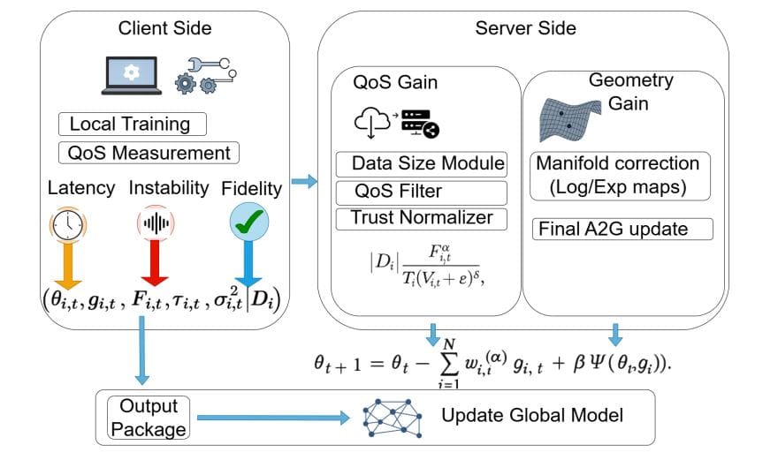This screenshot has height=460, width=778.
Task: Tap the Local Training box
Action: pos(132,124)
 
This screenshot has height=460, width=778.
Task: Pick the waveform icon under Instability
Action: pos(156,225)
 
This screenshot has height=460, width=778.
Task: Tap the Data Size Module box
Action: pos(422,164)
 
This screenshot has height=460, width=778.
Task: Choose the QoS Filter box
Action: pos(422,192)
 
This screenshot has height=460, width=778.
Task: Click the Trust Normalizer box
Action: pos(422,218)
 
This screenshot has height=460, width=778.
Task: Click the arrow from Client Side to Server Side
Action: pos(304,182)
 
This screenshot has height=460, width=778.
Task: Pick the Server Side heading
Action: pos(525,27)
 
